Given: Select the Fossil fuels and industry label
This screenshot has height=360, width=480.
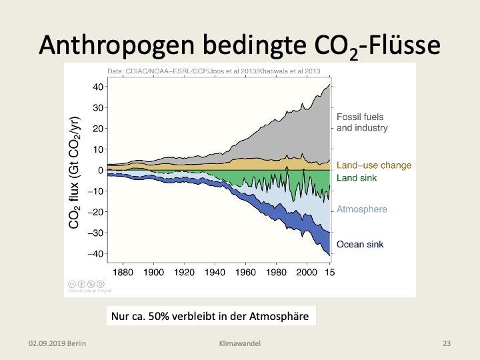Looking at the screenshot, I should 362,121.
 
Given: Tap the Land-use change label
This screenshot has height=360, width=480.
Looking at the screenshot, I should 374,165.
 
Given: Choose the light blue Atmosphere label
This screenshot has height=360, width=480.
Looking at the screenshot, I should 361,209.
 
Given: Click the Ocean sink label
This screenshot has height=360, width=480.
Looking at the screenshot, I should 360,245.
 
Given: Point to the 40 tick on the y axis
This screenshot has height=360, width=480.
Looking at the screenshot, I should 97,87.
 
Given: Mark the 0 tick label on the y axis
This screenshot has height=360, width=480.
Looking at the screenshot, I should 100,171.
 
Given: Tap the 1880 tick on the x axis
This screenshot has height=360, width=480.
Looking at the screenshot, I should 123,272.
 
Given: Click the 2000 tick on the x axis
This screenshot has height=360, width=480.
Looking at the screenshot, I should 306,272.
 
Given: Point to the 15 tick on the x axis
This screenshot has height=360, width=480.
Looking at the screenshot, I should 329,272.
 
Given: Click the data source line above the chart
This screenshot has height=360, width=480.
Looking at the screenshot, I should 215,71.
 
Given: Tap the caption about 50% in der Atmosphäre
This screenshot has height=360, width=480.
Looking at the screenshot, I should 209,316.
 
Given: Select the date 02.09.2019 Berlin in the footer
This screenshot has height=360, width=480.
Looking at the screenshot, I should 58,343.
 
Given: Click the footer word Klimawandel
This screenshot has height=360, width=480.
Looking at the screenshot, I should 239,343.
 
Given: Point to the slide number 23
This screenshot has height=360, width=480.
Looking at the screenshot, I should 447,343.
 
